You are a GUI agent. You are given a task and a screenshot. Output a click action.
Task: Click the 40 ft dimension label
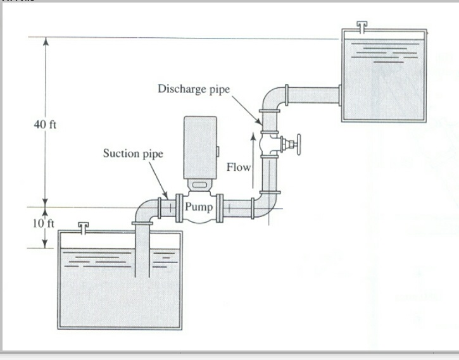(x=45, y=124)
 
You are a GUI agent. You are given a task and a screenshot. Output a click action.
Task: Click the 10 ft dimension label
(x=44, y=223)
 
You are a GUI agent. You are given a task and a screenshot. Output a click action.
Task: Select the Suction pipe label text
(x=133, y=154)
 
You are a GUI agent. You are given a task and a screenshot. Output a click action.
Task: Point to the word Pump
(x=199, y=206)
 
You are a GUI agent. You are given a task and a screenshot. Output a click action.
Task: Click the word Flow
(x=239, y=167)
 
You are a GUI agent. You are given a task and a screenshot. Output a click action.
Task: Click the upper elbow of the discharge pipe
(x=271, y=98)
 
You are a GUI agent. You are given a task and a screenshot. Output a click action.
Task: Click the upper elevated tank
(x=383, y=76)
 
